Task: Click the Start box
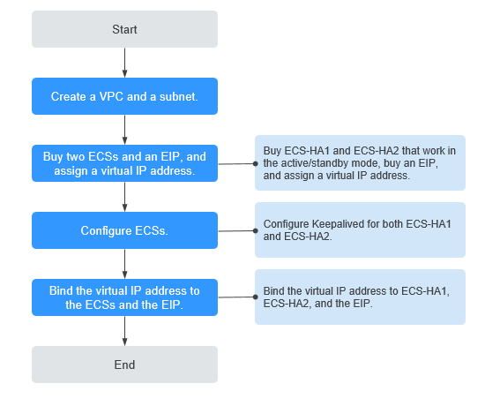tap(124, 29)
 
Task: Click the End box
tap(124, 364)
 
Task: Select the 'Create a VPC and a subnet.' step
tap(124, 95)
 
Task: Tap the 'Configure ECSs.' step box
tap(124, 230)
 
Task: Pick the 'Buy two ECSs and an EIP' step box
tap(124, 163)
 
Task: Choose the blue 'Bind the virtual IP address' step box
tap(124, 297)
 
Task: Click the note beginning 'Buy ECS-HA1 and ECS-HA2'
tap(360, 163)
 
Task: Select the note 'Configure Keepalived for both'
tap(360, 230)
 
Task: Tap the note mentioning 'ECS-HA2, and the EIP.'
tap(360, 297)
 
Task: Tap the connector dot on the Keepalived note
tap(256, 230)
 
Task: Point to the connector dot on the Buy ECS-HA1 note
tap(256, 163)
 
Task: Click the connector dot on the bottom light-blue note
tap(256, 297)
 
